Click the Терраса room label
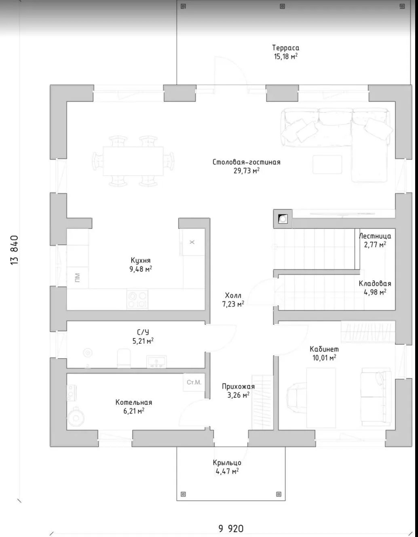[285, 48]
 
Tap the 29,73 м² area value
[246, 171]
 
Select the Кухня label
[141, 260]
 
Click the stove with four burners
[137, 300]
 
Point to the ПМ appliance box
[77, 277]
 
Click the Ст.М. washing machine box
[194, 382]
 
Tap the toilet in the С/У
[124, 358]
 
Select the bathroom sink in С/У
[156, 362]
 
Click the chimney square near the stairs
[283, 219]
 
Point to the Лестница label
[375, 236]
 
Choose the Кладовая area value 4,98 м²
[375, 292]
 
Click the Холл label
[233, 296]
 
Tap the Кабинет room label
[324, 349]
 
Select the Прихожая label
[238, 386]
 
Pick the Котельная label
[134, 402]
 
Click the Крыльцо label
[227, 463]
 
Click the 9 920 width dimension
[231, 529]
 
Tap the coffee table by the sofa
[327, 165]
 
